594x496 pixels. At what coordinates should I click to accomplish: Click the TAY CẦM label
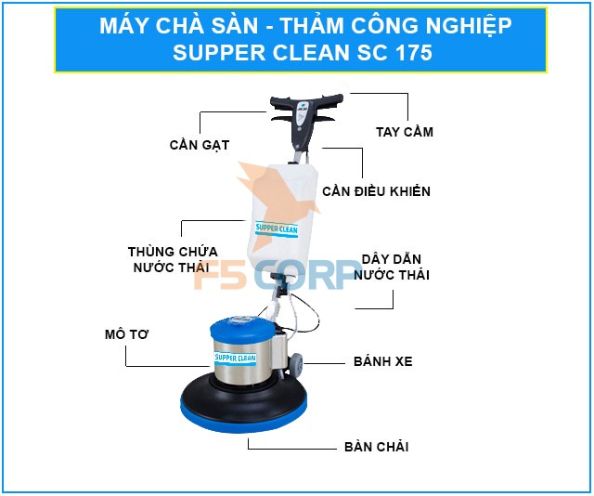tap(405, 132)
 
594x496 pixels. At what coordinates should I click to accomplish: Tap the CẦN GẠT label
tap(200, 145)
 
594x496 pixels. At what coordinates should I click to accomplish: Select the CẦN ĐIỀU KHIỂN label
tap(376, 191)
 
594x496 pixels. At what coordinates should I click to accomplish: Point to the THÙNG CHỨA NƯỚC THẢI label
tap(173, 259)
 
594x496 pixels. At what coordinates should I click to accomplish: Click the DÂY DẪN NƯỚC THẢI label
tap(392, 267)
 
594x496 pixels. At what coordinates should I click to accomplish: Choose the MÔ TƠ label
tap(126, 334)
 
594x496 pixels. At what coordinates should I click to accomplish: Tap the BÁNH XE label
tap(383, 361)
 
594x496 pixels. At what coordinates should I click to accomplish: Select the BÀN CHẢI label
tap(376, 447)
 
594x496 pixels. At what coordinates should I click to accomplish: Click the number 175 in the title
tap(414, 52)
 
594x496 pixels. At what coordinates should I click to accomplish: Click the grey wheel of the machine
tap(297, 363)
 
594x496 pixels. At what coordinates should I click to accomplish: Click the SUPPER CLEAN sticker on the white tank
tap(277, 229)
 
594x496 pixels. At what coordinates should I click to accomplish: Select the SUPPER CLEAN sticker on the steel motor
tap(235, 358)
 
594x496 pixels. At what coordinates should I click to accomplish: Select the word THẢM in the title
tap(312, 25)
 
